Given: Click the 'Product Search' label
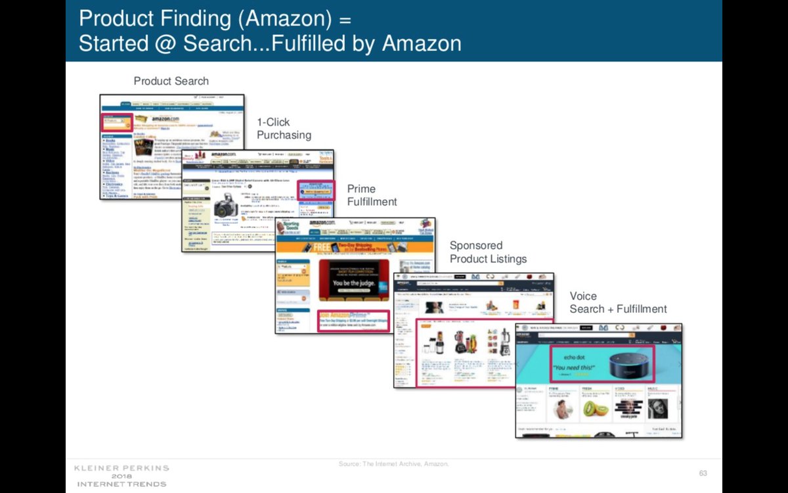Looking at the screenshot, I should (x=171, y=82).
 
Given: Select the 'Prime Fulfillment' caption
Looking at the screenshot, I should (x=372, y=195).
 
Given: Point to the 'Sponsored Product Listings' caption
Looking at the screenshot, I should (x=488, y=252).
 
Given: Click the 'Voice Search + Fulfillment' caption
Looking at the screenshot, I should (x=618, y=302).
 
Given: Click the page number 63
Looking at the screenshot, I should (x=703, y=473).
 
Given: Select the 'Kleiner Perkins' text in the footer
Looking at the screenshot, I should (x=121, y=468).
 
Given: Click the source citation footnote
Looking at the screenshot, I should (x=393, y=464).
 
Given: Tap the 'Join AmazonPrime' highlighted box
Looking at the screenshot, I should (x=353, y=320).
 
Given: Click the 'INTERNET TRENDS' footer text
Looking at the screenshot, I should (x=121, y=484).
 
